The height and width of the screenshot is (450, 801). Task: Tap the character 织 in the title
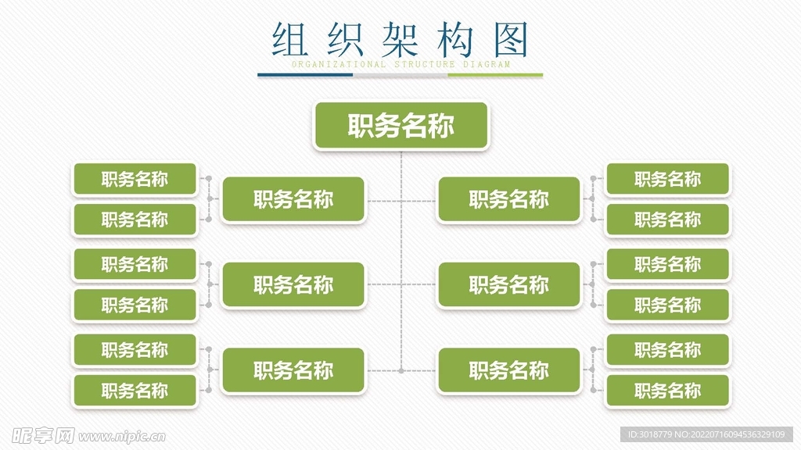coord(342,39)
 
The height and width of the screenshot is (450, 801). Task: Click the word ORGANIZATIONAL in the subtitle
coord(338,65)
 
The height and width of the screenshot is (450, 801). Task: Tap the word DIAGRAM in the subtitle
coord(487,65)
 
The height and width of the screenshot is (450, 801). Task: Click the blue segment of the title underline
coord(305,76)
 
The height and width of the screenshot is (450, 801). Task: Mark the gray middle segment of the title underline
coord(400,76)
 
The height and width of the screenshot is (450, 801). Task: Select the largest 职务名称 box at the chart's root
coord(401,126)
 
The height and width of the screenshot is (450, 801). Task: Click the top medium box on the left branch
coord(293,200)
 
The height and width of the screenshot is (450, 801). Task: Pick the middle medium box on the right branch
coord(509,285)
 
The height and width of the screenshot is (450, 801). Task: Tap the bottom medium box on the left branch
coord(293,370)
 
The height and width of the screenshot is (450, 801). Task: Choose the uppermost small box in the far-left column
coord(135,179)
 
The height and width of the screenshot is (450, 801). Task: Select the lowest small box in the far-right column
coord(667,391)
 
